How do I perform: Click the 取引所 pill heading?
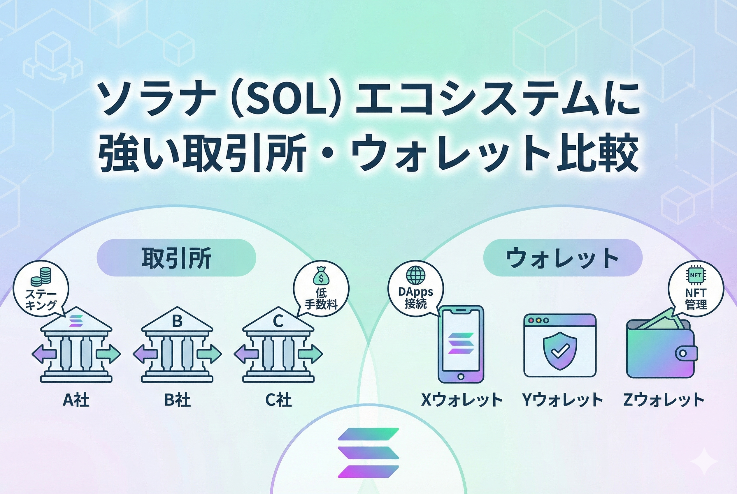point(176,258)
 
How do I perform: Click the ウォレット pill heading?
point(563,258)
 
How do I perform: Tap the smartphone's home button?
point(461,376)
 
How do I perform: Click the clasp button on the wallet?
point(683,353)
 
